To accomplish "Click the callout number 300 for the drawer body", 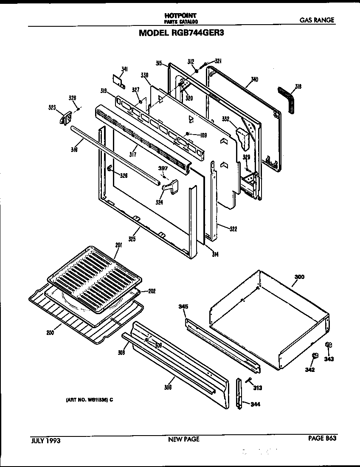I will point(300,277).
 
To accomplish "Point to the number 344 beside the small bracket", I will point(255,404).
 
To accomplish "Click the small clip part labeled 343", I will point(328,345).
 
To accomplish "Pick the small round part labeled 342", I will point(315,355).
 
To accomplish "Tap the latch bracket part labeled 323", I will point(65,118).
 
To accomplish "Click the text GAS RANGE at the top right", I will point(317,20).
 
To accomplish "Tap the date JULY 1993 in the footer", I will point(46,440).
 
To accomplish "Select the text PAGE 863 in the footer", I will point(322,439).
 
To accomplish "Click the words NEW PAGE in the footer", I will point(183,439).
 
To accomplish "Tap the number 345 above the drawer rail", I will point(183,306).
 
